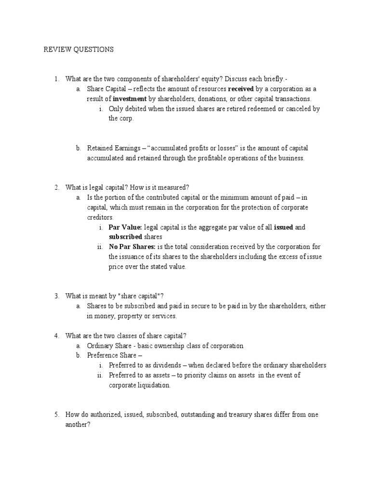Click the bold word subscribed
coord(125,237)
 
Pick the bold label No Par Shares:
coord(132,246)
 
